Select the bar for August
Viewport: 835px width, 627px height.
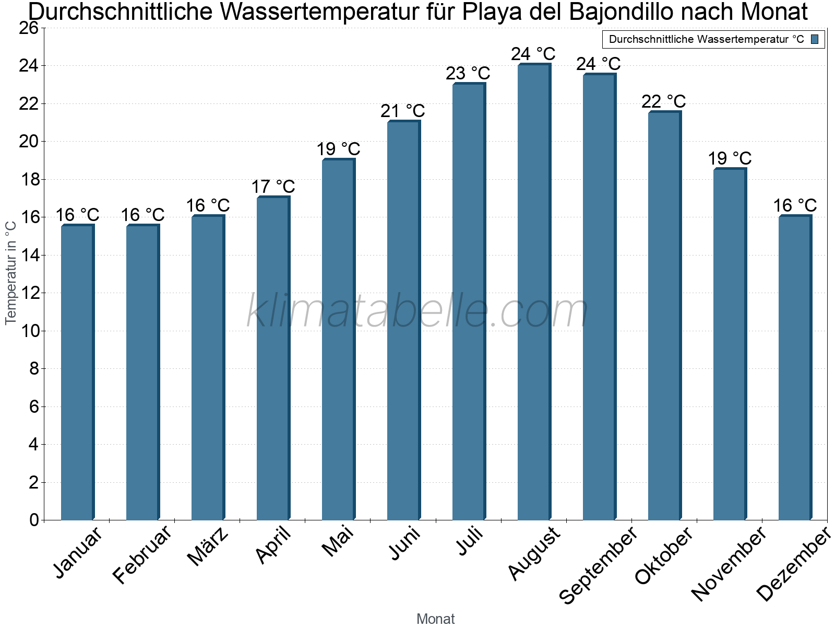(x=533, y=293)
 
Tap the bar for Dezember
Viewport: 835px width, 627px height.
(x=794, y=368)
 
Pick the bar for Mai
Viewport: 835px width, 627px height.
(x=338, y=340)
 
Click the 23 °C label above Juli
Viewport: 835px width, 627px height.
(x=468, y=73)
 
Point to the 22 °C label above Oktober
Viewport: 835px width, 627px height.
(x=664, y=101)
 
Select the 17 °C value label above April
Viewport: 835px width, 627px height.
(x=273, y=187)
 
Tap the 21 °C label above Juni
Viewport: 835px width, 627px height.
(x=403, y=111)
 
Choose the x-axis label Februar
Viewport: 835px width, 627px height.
(x=142, y=555)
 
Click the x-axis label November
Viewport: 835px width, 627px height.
(x=729, y=563)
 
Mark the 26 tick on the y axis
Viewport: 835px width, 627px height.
(x=29, y=28)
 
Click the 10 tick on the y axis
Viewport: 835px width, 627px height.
(x=29, y=331)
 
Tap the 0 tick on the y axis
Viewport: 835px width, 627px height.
(x=34, y=520)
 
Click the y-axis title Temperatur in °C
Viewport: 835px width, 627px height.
(x=11, y=272)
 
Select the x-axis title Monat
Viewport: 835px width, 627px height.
(x=435, y=619)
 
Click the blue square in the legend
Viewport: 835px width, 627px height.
(x=815, y=39)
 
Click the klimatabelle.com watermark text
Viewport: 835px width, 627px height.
(x=417, y=311)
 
